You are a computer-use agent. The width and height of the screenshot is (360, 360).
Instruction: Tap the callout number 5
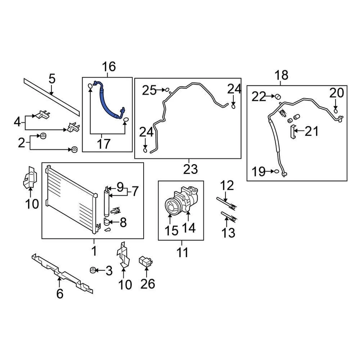[x=52, y=79]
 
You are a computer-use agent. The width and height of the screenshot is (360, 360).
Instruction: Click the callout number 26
[x=147, y=284]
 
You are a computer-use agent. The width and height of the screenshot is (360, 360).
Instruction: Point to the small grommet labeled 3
[x=92, y=270]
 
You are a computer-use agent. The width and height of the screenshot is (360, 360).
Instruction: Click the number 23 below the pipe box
[x=190, y=169]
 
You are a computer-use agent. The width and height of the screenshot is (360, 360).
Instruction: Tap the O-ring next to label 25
[x=168, y=90]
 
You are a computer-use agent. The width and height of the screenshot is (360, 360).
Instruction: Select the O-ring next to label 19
[x=276, y=172]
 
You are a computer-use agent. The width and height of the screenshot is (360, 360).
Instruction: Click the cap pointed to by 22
[x=278, y=96]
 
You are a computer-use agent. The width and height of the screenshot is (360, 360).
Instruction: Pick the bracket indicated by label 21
[x=292, y=132]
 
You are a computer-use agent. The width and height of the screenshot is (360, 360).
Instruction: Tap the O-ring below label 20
[x=336, y=110]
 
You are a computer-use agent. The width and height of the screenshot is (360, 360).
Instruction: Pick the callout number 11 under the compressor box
[x=183, y=252]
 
